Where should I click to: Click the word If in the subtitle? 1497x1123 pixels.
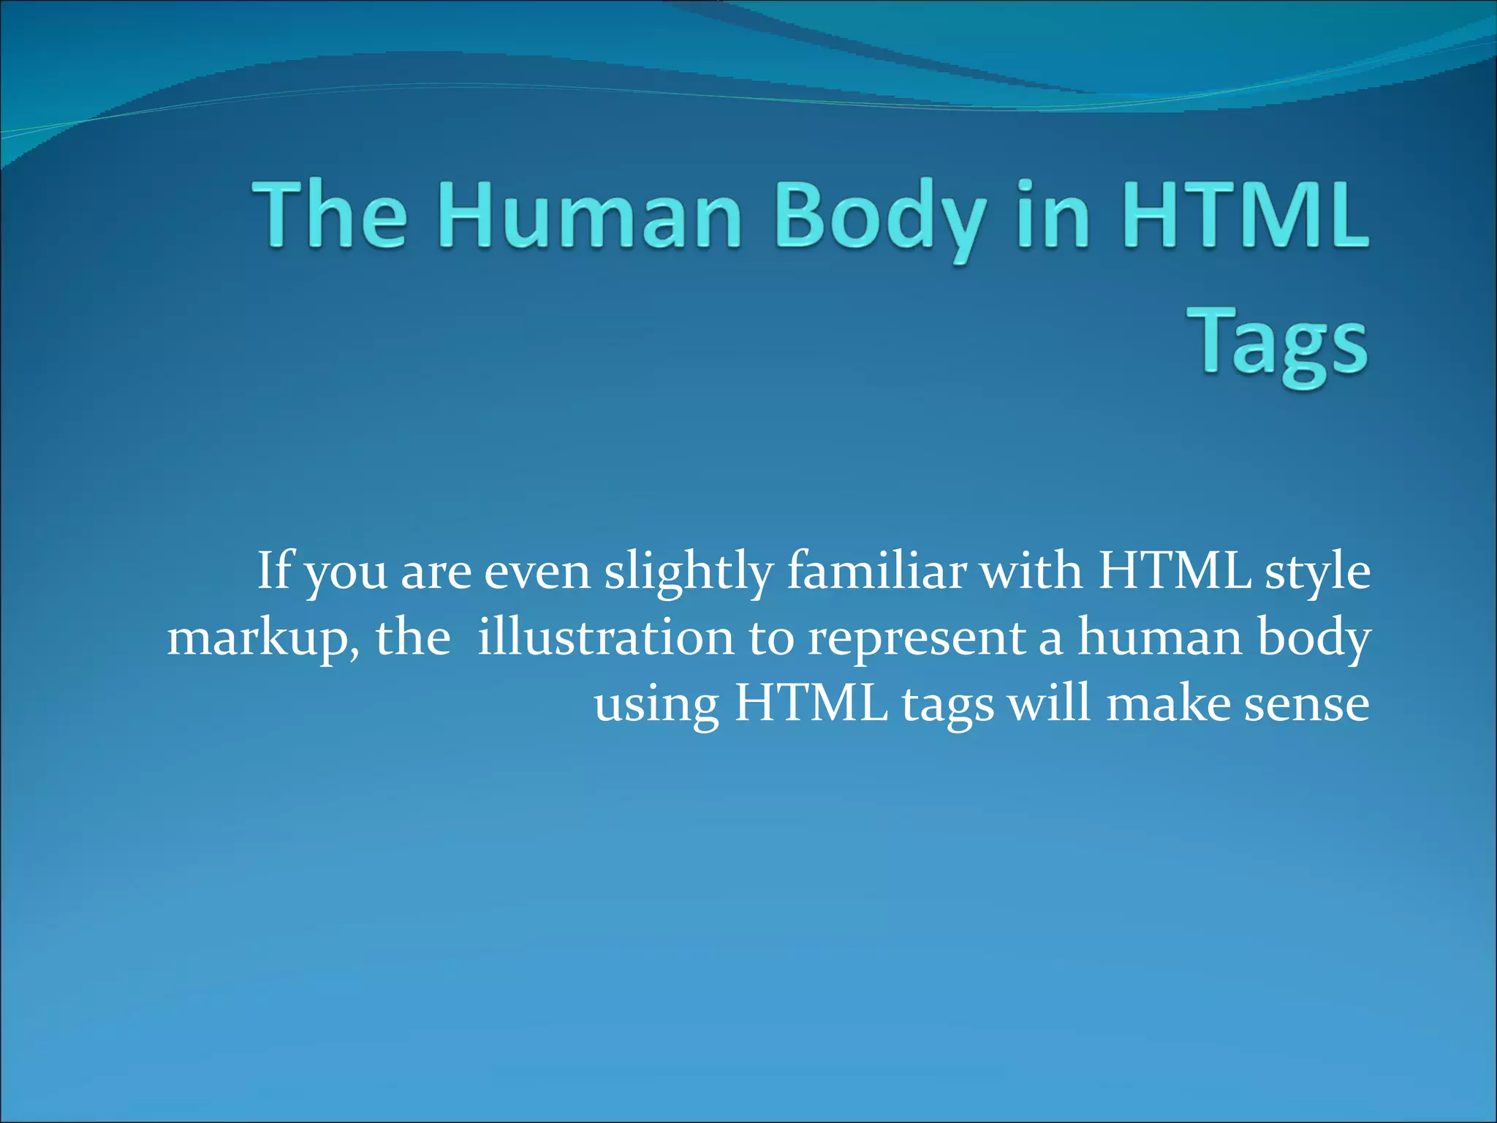tap(273, 571)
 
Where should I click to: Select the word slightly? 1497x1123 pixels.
tap(688, 572)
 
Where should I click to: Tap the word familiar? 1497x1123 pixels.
tap(876, 571)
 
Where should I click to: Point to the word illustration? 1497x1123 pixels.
tap(605, 638)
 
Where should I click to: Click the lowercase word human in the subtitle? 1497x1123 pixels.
tap(1159, 638)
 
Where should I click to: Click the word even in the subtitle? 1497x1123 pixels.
tap(537, 572)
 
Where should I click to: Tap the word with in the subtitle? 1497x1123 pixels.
tap(1031, 571)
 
